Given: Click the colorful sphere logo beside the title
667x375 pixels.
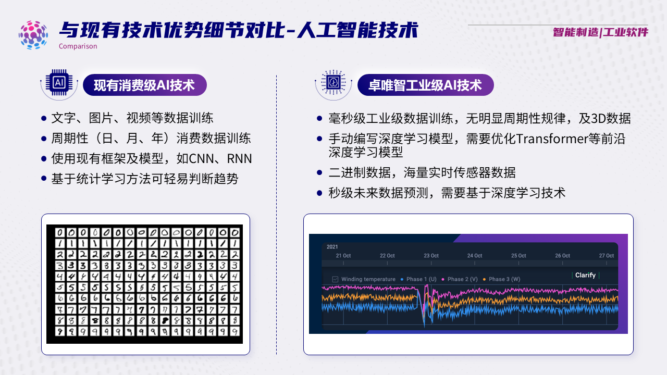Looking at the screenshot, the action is (33, 35).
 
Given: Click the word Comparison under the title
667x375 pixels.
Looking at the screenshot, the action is (78, 46).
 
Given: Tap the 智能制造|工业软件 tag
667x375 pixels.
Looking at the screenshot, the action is (600, 32).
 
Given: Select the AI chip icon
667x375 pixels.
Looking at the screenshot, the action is (59, 83).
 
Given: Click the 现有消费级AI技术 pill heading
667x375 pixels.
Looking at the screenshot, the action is (145, 85).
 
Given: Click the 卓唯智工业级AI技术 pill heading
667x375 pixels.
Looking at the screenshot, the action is (426, 85).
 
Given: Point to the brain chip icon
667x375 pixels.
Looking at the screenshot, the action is (333, 82).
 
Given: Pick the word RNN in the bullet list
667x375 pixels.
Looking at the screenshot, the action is (239, 159).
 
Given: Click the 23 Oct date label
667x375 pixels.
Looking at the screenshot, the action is (431, 256).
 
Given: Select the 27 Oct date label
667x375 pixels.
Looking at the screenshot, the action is (607, 256).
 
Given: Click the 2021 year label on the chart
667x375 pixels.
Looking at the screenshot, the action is (332, 247).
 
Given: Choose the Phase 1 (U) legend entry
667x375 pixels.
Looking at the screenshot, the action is (418, 279).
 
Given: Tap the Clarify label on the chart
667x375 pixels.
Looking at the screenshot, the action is (585, 276).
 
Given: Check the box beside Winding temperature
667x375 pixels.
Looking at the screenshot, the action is (335, 280).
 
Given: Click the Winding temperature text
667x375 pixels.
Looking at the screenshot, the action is (368, 279).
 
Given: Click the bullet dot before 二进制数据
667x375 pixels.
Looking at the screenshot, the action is (319, 172).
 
